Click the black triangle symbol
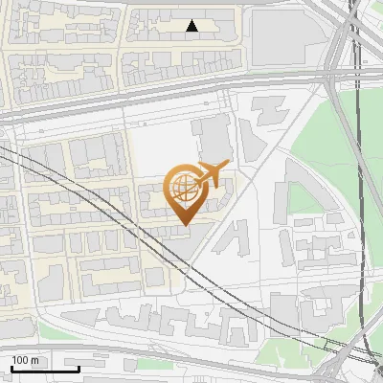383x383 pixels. (x=192, y=26)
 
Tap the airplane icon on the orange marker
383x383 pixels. (x=213, y=173)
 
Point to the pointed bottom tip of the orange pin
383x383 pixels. (x=184, y=223)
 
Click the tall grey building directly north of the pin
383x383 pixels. (x=213, y=139)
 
